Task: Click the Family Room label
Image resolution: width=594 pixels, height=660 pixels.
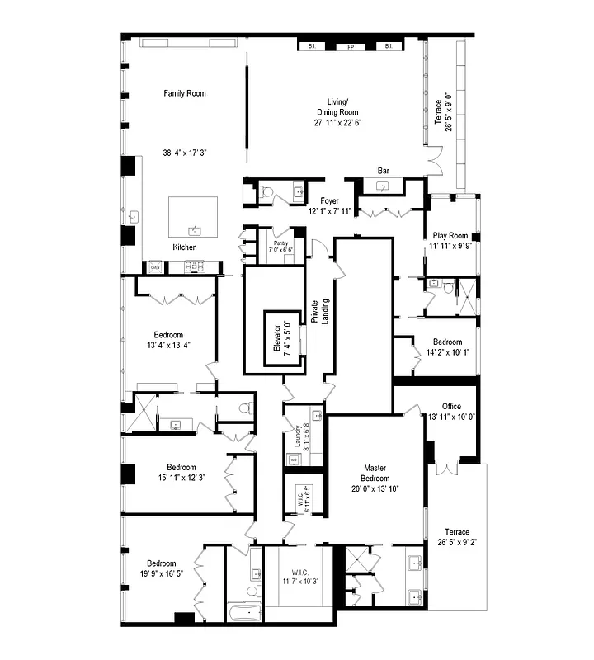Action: pyautogui.click(x=184, y=93)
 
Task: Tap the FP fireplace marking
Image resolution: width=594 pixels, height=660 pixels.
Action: pyautogui.click(x=350, y=47)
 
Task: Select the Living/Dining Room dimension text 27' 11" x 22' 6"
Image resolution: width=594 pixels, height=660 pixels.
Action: pyautogui.click(x=338, y=122)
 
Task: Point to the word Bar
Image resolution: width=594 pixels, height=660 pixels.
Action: pyautogui.click(x=384, y=171)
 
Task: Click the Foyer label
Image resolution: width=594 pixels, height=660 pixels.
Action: pyautogui.click(x=329, y=200)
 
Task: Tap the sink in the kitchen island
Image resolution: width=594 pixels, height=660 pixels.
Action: pyautogui.click(x=195, y=229)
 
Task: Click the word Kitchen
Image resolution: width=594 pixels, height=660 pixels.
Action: pyautogui.click(x=184, y=247)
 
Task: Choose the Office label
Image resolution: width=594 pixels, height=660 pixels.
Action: pyautogui.click(x=450, y=406)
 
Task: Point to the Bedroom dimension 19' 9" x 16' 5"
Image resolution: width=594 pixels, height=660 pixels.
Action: pyautogui.click(x=161, y=575)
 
